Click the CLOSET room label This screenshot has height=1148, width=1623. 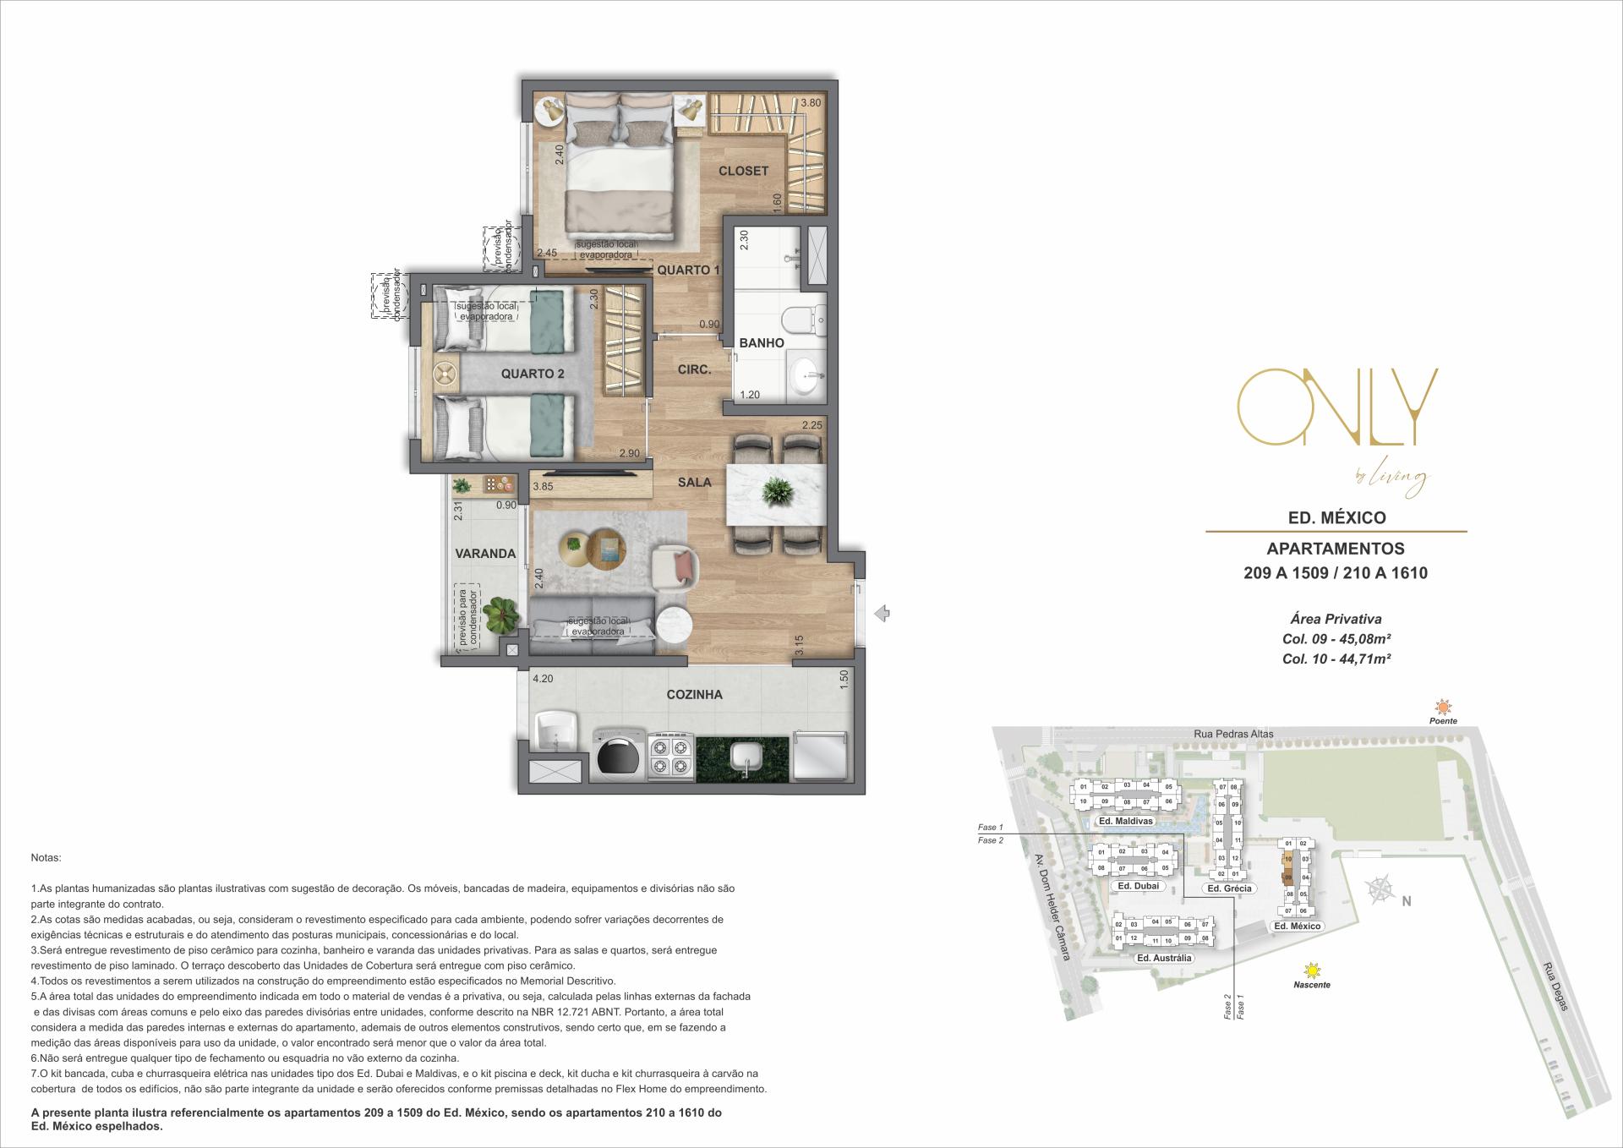pyautogui.click(x=743, y=171)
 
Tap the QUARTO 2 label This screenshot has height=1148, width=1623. pyautogui.click(x=532, y=374)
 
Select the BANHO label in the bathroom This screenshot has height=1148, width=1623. pyautogui.click(x=762, y=342)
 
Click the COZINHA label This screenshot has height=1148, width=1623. pyautogui.click(x=694, y=695)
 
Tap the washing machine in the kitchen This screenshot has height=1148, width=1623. pyautogui.click(x=618, y=754)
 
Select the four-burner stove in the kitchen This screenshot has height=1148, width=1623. pyautogui.click(x=670, y=757)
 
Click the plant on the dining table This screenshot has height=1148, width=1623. pyautogui.click(x=775, y=490)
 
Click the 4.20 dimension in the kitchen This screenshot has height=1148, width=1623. pyautogui.click(x=542, y=678)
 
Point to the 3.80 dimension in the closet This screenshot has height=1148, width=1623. pyautogui.click(x=811, y=103)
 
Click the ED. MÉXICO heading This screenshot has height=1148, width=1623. pyautogui.click(x=1336, y=517)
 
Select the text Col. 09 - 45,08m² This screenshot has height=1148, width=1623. pyautogui.click(x=1336, y=639)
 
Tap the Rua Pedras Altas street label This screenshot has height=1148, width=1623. pyautogui.click(x=1234, y=734)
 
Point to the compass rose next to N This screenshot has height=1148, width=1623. pyautogui.click(x=1380, y=889)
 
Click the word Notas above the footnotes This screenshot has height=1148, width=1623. pyautogui.click(x=46, y=857)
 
